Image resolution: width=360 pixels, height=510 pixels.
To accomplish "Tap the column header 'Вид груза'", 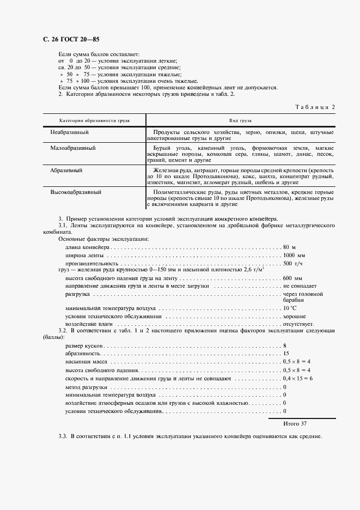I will tap(241, 120).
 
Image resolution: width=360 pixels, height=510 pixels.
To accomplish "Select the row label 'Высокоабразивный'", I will tap(76, 192).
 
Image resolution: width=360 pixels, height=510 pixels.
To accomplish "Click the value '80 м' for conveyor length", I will tap(289, 247).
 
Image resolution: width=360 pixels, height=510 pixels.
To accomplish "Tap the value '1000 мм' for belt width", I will tap(294, 255).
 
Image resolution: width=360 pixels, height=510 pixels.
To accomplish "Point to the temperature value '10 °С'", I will tap(290, 308).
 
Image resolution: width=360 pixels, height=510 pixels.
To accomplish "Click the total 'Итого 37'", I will tap(295, 423).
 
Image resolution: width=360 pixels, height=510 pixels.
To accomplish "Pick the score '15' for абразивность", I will tap(286, 354).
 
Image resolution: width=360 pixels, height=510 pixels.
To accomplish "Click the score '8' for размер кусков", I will tap(285, 346).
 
